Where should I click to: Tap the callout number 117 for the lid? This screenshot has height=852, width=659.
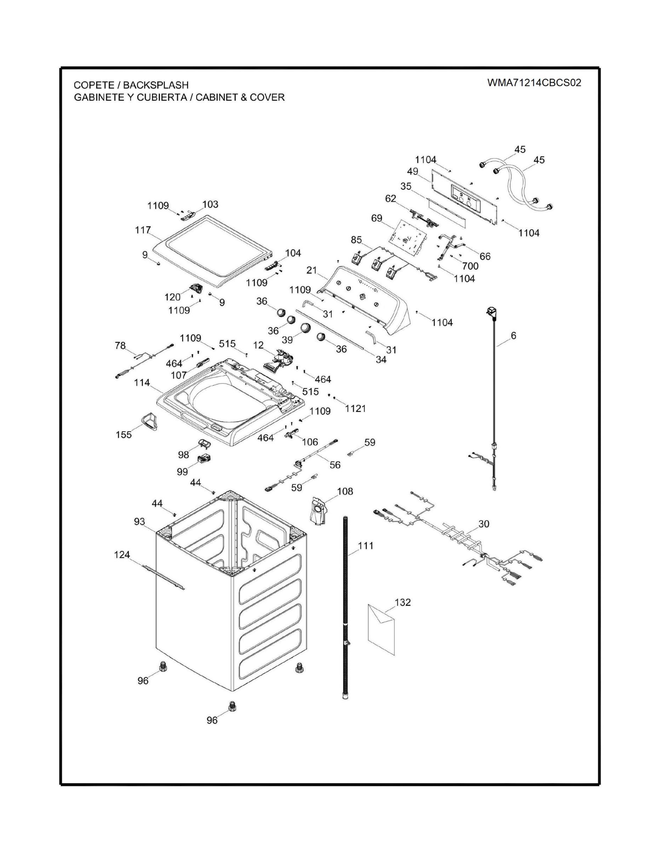pos(143,230)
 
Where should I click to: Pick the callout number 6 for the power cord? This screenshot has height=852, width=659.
pos(514,335)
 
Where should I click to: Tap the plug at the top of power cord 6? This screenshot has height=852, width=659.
pos(491,312)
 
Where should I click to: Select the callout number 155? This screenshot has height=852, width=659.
pos(124,434)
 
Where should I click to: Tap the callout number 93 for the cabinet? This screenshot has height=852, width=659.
pos(139,522)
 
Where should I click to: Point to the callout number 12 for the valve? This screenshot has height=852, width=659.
pos(258,345)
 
